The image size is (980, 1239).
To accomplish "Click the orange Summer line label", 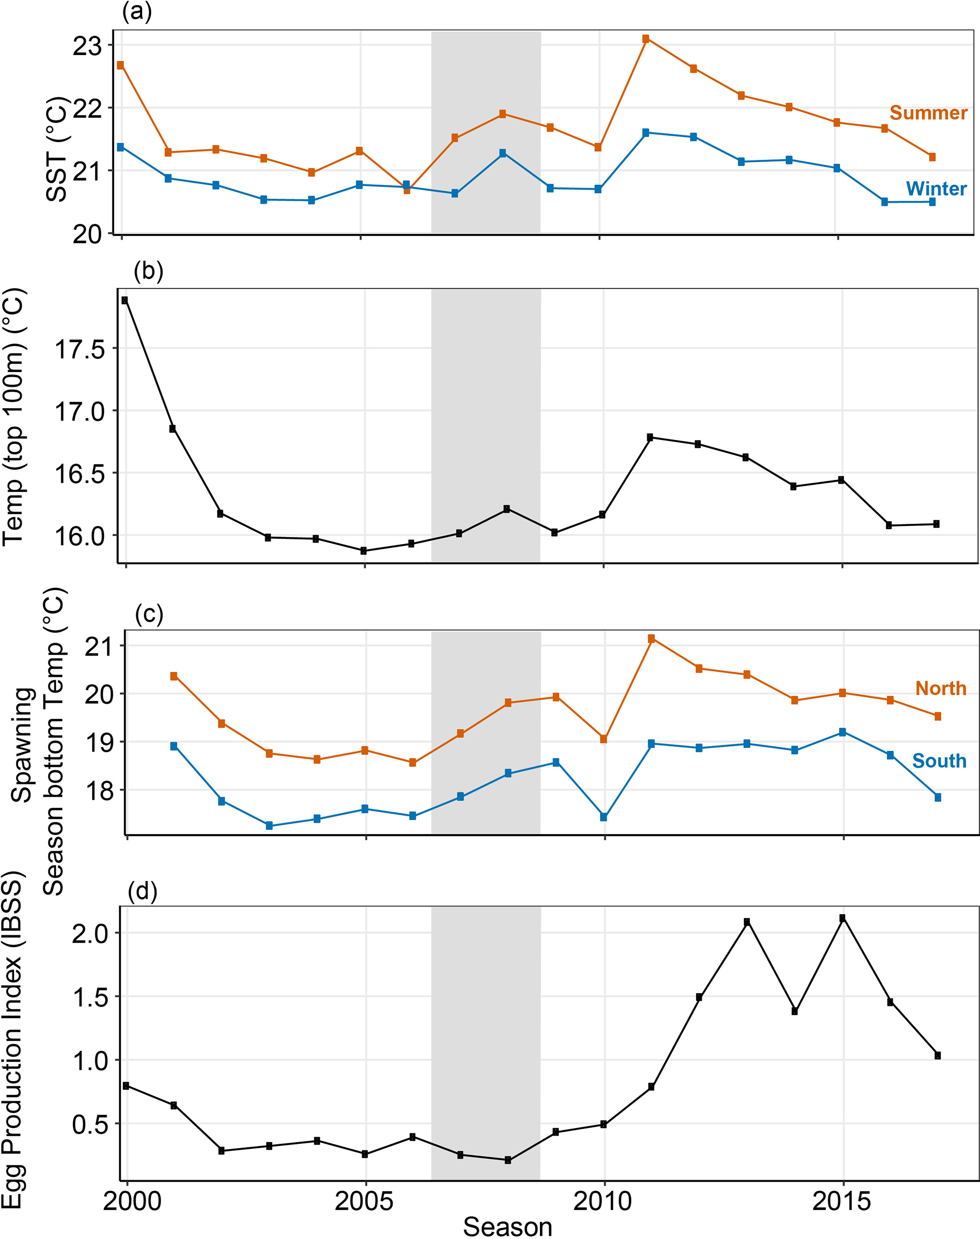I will [x=928, y=113].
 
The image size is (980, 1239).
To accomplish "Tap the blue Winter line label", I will [x=936, y=189].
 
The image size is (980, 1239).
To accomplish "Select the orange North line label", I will [x=940, y=688].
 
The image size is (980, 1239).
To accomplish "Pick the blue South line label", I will [x=939, y=761].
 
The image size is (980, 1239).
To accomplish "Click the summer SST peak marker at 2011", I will [x=645, y=39].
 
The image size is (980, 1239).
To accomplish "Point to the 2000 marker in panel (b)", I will [x=125, y=300].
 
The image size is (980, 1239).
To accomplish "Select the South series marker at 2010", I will [x=604, y=817].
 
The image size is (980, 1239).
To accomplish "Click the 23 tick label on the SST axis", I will [x=87, y=46].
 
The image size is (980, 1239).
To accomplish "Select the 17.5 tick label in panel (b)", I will [x=80, y=349].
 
